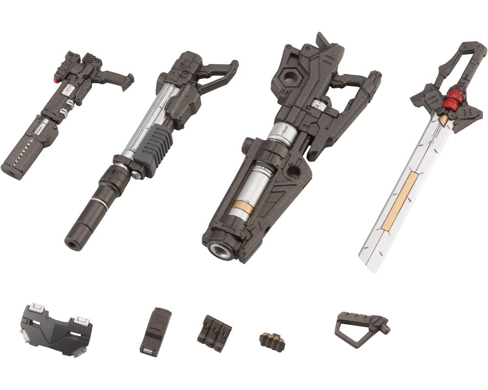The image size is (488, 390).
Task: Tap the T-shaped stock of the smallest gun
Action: pos(122,78)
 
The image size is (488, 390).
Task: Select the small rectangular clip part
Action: pos(155,331)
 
